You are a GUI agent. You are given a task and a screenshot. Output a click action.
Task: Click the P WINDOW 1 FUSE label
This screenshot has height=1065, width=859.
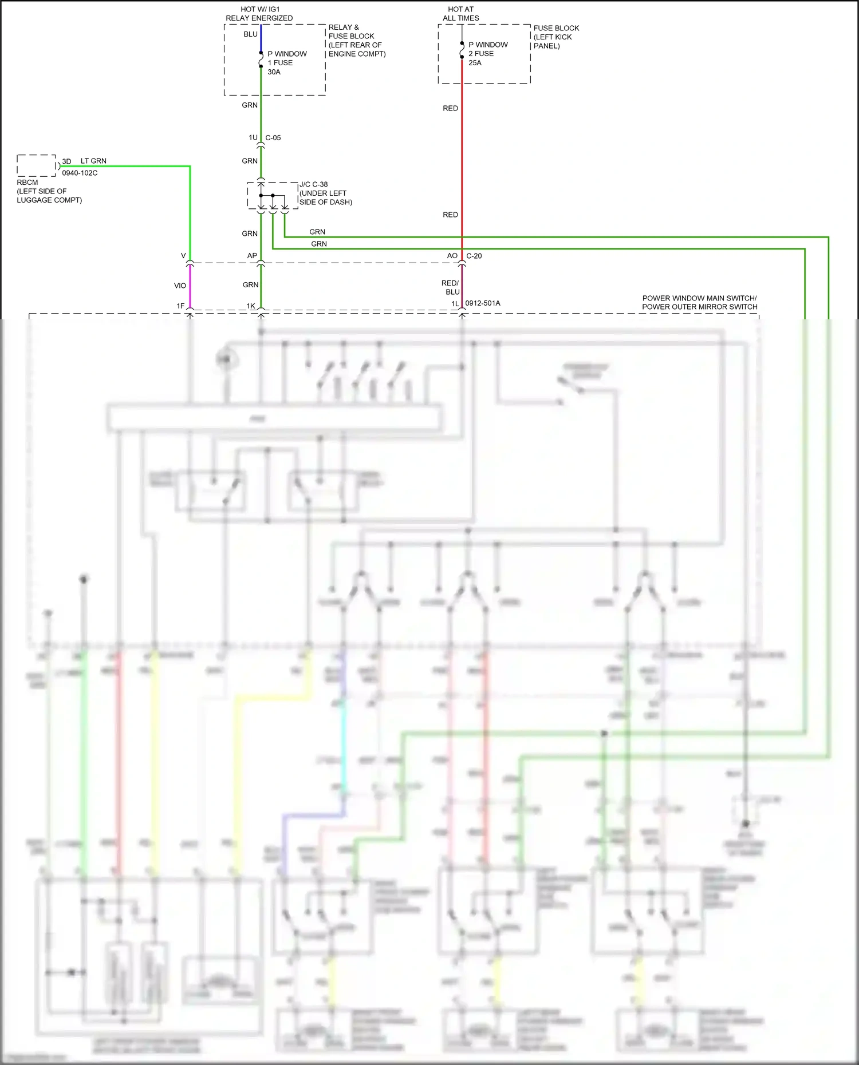click(x=286, y=58)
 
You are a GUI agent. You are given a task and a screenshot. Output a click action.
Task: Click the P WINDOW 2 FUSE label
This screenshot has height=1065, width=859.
click(x=487, y=49)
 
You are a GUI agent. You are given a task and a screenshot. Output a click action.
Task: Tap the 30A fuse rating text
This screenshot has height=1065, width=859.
click(x=274, y=72)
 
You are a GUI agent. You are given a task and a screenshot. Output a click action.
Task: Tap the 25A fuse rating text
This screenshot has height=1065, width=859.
click(x=475, y=63)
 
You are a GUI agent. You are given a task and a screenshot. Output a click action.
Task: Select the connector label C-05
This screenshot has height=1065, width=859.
click(x=273, y=138)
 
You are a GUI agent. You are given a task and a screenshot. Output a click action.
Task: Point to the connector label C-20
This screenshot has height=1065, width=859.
click(x=474, y=256)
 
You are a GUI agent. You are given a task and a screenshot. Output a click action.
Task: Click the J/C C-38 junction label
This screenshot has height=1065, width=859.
click(x=314, y=184)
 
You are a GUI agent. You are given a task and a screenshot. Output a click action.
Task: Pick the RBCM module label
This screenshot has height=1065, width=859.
click(x=27, y=183)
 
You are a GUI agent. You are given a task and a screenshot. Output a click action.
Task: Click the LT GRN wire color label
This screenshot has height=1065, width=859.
click(x=93, y=161)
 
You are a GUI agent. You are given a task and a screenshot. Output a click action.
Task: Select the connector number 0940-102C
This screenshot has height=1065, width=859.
click(x=80, y=173)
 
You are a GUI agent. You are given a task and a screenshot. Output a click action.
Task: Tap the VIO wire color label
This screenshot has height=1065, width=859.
click(x=180, y=286)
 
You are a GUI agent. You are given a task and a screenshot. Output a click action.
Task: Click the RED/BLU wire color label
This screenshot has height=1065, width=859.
click(x=451, y=287)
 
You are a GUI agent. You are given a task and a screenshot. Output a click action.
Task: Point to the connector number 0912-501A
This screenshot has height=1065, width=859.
click(x=482, y=303)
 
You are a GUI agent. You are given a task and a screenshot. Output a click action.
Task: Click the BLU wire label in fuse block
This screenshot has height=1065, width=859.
click(x=250, y=34)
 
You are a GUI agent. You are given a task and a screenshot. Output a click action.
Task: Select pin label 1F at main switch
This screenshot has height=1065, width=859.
click(x=180, y=306)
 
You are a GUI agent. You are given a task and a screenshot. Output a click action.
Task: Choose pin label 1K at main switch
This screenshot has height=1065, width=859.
click(x=251, y=306)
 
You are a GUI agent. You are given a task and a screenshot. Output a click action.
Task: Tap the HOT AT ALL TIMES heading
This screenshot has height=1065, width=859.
click(x=460, y=14)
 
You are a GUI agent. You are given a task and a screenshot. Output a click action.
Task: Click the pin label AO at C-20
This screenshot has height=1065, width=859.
click(x=452, y=256)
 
